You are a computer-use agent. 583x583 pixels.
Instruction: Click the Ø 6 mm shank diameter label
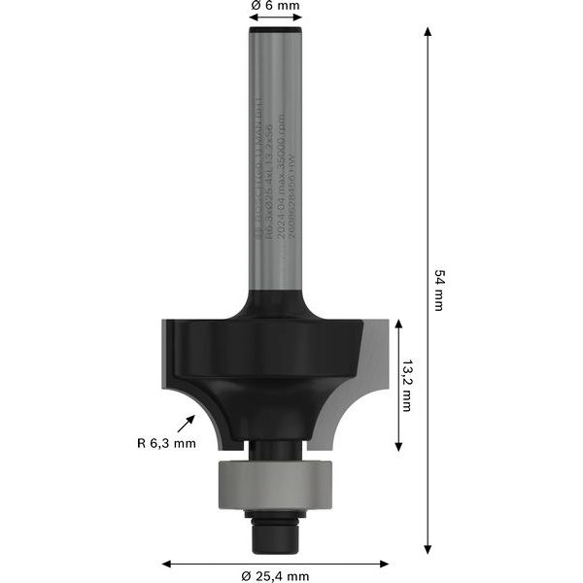point(275,6)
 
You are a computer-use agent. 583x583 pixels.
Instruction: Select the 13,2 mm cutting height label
point(406,387)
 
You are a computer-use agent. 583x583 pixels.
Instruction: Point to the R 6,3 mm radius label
point(166,444)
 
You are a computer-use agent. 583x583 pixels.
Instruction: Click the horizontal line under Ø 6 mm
point(275,18)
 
